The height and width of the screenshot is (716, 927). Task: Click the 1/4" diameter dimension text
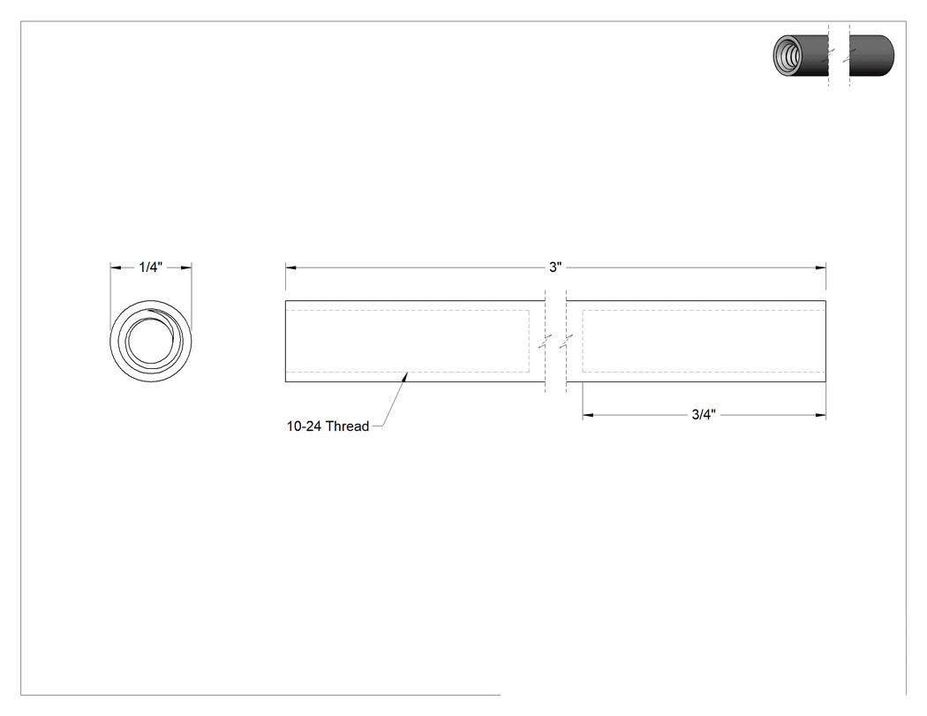[150, 268]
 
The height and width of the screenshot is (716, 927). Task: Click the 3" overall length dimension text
[555, 268]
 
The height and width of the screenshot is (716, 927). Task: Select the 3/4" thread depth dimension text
[704, 414]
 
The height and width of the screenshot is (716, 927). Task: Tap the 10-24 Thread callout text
[328, 426]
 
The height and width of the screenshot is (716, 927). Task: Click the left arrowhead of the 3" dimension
[290, 268]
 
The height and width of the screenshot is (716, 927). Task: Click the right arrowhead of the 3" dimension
[820, 268]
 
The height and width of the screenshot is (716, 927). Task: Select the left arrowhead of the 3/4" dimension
[588, 415]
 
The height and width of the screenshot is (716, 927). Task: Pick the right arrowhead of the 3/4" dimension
[820, 415]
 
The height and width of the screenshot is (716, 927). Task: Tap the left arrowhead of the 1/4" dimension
[116, 268]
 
